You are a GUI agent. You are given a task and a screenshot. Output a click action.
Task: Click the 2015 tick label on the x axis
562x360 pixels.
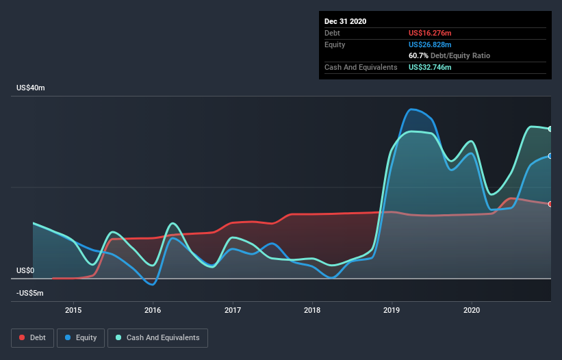73,310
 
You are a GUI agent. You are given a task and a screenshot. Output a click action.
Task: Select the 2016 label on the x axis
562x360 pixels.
153,310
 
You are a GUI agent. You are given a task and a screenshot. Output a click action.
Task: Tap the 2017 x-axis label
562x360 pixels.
233,310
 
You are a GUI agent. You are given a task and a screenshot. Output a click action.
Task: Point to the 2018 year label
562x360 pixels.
312,310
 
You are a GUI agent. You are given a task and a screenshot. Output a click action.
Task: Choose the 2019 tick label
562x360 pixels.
392,310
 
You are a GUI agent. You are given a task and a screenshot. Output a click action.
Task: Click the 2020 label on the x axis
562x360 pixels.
472,310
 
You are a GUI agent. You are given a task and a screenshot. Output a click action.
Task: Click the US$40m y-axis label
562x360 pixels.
31,88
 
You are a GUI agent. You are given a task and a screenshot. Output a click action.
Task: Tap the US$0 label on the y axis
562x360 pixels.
25,270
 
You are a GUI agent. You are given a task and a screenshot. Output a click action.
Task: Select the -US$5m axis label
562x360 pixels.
29,293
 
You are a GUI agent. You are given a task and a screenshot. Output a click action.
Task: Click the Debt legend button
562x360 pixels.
33,338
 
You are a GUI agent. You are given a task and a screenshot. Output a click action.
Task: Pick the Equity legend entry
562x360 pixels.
81,338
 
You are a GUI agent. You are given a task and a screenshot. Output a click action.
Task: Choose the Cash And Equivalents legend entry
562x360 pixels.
157,338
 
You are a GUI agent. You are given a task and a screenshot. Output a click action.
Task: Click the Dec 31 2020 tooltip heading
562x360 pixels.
345,21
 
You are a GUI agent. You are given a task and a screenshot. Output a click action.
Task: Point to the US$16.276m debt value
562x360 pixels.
430,33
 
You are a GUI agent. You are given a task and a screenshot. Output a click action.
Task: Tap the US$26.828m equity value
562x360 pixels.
430,44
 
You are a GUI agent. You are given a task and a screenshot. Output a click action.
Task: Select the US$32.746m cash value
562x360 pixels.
430,67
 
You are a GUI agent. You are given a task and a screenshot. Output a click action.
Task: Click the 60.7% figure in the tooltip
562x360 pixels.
418,56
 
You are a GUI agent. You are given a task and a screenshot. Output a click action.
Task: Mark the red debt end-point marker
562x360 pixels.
550,204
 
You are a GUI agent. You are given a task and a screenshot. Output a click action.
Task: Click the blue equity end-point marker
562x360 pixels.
550,156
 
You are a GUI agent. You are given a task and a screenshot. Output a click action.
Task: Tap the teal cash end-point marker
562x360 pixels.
550,129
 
